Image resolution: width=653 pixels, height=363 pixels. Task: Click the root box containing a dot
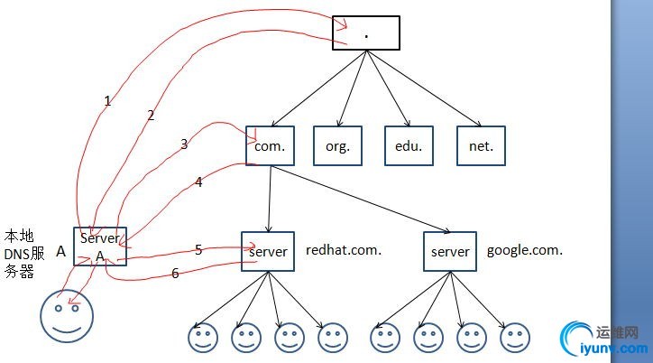(x=365, y=33)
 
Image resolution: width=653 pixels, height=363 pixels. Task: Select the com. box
(x=270, y=145)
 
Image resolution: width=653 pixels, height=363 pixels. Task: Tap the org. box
(x=337, y=145)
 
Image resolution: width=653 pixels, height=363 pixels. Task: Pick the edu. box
(x=407, y=145)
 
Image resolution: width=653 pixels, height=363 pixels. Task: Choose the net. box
(x=481, y=145)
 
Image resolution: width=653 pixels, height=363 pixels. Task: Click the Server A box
(x=100, y=247)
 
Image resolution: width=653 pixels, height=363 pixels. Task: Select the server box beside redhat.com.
(x=268, y=252)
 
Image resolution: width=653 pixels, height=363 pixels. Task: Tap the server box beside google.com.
(x=450, y=252)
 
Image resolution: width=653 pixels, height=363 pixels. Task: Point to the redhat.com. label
(x=344, y=250)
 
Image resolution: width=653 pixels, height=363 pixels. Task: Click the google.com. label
(x=525, y=250)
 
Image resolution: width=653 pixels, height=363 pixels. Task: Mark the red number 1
(x=107, y=101)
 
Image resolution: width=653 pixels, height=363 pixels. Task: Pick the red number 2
(x=151, y=115)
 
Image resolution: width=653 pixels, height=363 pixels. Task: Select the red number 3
(x=184, y=144)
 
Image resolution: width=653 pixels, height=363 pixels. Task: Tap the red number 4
(x=199, y=181)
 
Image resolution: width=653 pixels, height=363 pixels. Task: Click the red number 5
(x=198, y=249)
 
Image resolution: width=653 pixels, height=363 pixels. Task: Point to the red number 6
(x=175, y=273)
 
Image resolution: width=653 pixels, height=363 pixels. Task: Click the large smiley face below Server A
(x=66, y=316)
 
